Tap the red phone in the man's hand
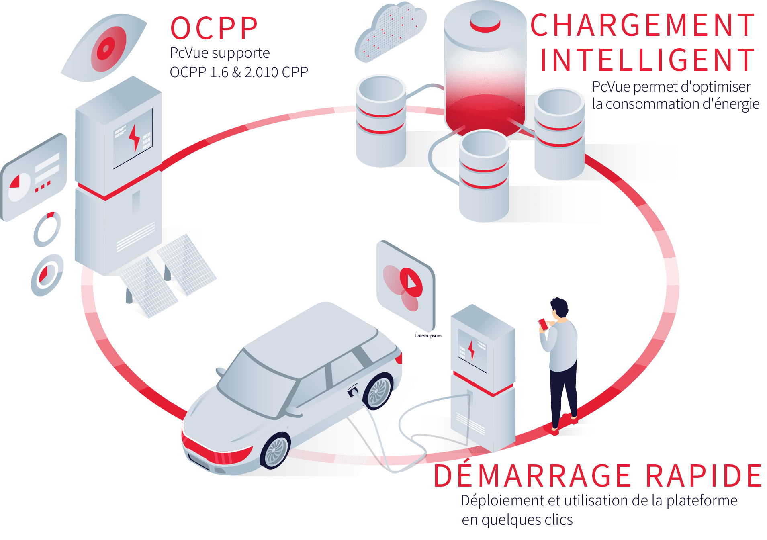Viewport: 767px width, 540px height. (543, 324)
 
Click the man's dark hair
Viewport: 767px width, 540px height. (560, 307)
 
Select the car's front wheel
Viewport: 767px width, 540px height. (276, 450)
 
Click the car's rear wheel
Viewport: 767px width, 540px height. (378, 391)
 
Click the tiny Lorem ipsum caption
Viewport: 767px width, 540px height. (428, 336)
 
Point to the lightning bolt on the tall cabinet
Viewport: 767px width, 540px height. (134, 137)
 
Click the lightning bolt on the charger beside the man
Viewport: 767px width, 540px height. (471, 350)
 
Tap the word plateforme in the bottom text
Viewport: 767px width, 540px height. (702, 501)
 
